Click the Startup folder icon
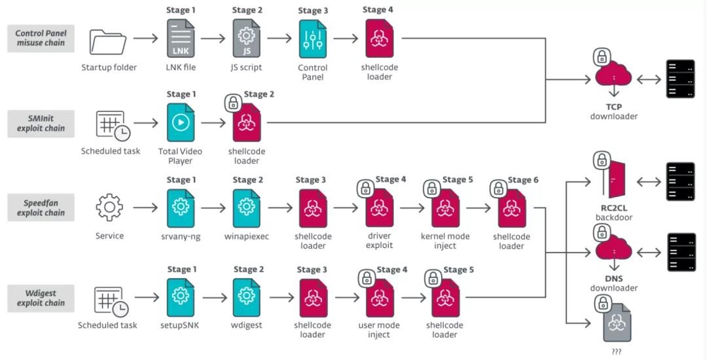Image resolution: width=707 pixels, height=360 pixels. [109, 42]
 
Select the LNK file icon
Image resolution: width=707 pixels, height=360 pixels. [181, 39]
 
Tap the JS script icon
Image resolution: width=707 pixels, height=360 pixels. [247, 39]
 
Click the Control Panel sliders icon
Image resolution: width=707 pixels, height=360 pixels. [313, 39]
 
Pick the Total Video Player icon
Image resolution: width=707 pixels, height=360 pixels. [181, 122]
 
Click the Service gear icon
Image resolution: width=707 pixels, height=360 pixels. [109, 207]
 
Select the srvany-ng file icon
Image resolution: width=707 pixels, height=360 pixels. [181, 208]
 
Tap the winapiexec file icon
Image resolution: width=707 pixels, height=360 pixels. [247, 208]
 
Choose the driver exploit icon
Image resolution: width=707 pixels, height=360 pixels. [380, 208]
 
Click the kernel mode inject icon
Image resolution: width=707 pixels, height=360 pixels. [445, 208]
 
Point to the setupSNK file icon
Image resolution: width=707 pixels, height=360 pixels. [181, 297]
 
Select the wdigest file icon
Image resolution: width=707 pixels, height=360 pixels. [247, 297]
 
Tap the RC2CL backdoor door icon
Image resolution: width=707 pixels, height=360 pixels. [616, 180]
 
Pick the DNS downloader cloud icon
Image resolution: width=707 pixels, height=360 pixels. [613, 251]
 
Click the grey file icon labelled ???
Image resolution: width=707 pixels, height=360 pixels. [616, 323]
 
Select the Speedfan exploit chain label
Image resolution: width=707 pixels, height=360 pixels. [41, 208]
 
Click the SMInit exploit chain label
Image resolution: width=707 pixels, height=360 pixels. [41, 123]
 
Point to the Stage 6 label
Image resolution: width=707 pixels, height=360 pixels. [523, 180]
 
